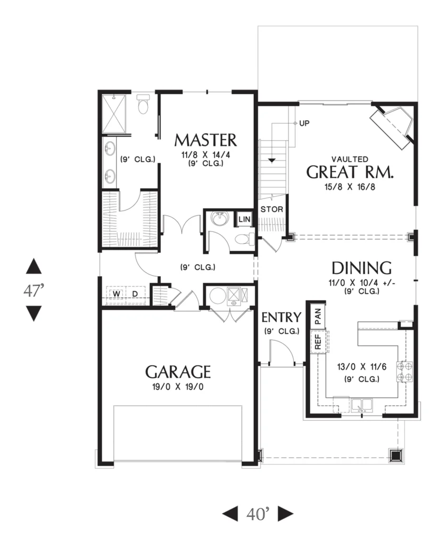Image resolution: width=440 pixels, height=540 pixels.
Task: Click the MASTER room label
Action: point(206,140)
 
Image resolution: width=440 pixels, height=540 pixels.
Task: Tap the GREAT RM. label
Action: point(350,172)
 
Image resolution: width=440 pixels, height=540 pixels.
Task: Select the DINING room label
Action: point(361,268)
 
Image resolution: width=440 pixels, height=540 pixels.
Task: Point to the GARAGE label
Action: point(178,372)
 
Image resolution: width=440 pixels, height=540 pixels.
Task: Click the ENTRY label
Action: point(282,317)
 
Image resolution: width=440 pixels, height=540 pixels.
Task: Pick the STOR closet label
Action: point(272,209)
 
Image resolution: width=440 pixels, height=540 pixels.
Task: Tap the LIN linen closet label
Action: point(244,219)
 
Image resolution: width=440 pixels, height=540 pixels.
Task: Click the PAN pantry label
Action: point(318,316)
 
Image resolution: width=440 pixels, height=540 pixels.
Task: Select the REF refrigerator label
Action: point(318,341)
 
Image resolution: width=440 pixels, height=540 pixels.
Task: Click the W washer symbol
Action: point(117,294)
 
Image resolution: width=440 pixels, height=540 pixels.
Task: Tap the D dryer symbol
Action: point(136,294)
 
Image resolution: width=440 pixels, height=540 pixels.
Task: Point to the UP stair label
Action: point(304,123)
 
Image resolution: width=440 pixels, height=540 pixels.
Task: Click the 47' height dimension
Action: point(34,291)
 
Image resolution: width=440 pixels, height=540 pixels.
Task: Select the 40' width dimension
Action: point(258,514)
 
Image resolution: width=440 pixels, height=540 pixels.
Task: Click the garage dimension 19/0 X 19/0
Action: point(178,387)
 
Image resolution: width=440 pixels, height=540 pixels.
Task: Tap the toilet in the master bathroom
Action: point(142,104)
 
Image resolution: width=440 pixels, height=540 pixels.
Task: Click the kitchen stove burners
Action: point(405,372)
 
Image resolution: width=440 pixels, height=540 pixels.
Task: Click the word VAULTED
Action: point(350,159)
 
